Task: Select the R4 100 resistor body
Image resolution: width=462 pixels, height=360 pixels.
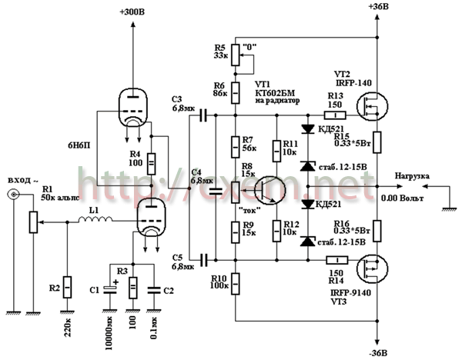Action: [151, 162]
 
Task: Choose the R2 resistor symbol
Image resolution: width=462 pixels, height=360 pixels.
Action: [68, 287]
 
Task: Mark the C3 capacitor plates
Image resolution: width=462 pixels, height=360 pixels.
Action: [203, 116]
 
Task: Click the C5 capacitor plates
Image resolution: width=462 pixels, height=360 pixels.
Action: [203, 258]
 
